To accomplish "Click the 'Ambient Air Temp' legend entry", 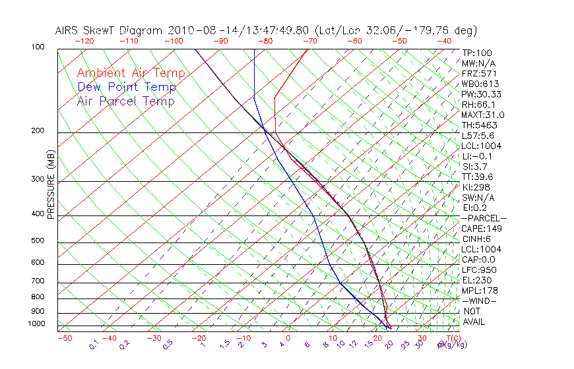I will click(131, 73).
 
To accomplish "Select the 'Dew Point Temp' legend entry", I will click(127, 87).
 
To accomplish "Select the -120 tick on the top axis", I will click(83, 41).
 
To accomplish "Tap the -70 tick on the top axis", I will click(309, 41).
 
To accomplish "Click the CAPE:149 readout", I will click(482, 229).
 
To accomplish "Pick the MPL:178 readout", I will click(479, 291).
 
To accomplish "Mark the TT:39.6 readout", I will click(478, 177).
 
